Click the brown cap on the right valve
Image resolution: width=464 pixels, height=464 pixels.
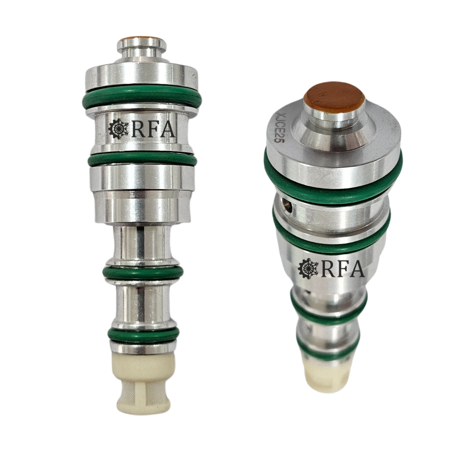click(334, 98)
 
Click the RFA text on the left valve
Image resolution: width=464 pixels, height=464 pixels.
click(153, 129)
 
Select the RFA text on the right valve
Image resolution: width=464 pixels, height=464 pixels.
click(343, 269)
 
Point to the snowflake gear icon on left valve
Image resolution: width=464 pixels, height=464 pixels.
click(119, 129)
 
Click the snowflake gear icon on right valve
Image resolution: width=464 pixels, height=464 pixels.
click(308, 269)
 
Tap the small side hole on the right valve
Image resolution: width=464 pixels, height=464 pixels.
click(287, 205)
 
